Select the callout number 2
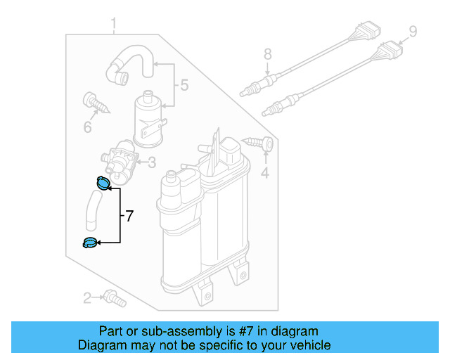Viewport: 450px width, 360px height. click(88, 298)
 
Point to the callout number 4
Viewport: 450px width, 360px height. click(265, 172)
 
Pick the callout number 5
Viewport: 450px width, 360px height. click(184, 85)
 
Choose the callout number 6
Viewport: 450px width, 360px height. click(88, 127)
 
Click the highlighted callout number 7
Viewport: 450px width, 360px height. click(128, 217)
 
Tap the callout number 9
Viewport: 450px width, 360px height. click(413, 31)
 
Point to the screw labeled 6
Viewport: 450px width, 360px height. click(94, 103)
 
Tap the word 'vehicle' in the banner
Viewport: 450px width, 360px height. click(308, 345)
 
